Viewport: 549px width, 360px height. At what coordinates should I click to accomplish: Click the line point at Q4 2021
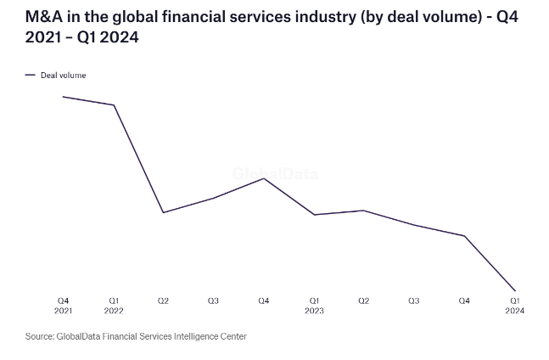point(64,97)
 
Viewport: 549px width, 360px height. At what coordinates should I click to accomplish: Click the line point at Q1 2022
point(114,105)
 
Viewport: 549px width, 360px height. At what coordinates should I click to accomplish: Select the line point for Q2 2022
point(163,212)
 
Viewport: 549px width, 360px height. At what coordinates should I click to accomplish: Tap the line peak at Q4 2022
point(264,177)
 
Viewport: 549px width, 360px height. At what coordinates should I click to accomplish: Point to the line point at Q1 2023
point(314,215)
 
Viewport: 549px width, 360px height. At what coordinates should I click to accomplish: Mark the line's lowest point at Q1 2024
point(515,290)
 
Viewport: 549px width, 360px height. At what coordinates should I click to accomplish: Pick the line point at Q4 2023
point(464,236)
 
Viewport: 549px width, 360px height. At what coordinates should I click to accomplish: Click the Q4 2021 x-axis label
point(64,306)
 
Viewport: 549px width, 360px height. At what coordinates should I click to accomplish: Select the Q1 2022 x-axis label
point(114,306)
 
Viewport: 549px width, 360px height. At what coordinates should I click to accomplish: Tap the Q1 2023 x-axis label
point(314,306)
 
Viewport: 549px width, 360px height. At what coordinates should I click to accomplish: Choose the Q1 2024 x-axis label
point(515,306)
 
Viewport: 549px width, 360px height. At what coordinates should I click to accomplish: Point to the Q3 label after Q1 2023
point(414,301)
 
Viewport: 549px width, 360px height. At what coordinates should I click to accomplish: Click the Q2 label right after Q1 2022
point(163,301)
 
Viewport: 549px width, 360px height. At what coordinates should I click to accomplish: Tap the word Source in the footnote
point(39,336)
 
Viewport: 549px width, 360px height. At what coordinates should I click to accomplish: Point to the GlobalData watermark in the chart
point(276,174)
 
